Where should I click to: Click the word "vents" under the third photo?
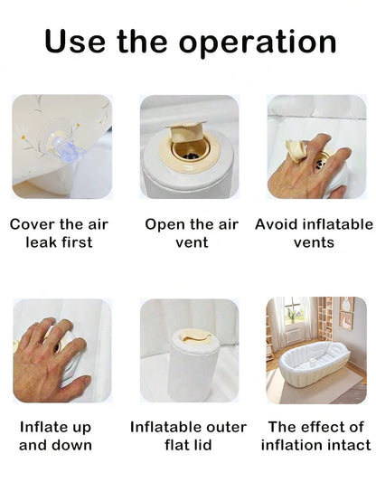(x=315, y=242)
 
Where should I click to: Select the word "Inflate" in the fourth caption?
(x=43, y=427)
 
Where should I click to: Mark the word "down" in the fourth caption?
(x=73, y=445)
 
